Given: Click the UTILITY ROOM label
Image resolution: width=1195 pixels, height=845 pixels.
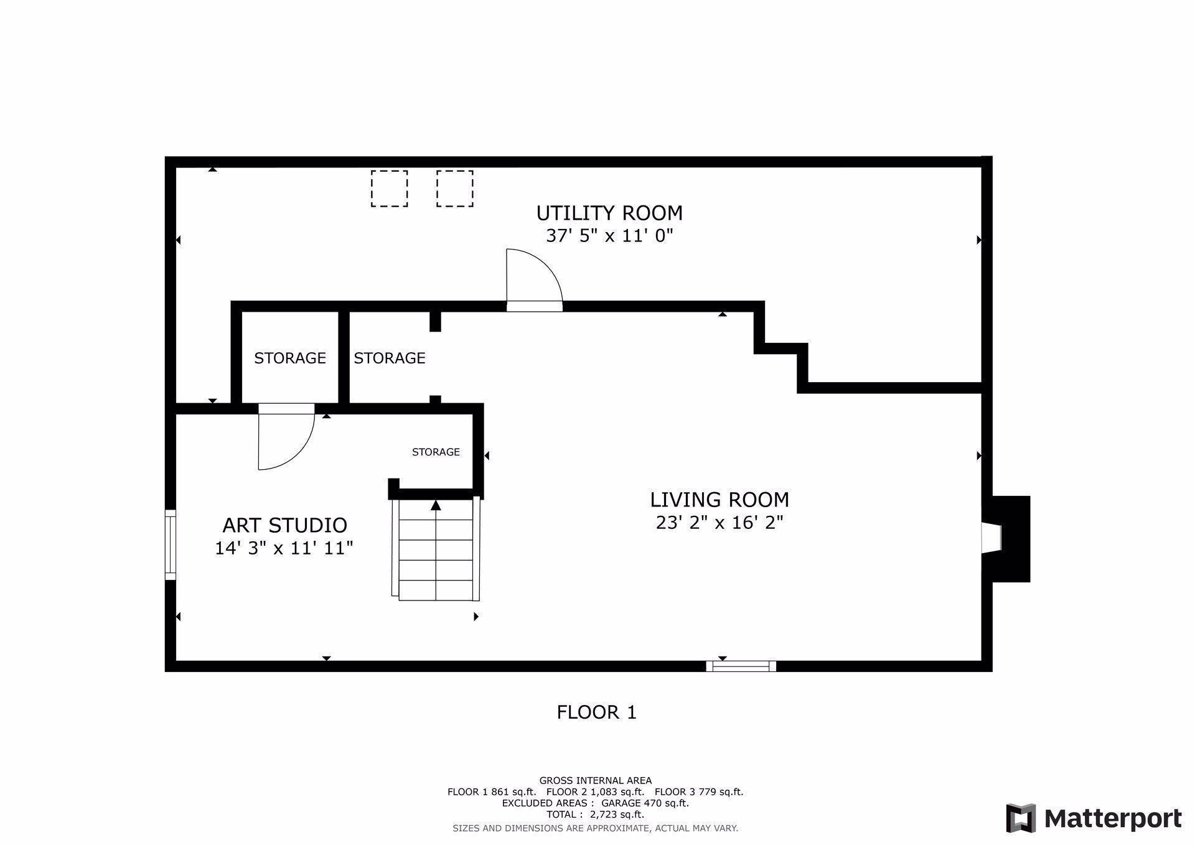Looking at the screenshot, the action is pyautogui.click(x=609, y=213).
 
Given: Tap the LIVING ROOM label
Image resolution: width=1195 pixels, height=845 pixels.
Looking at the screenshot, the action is pyautogui.click(x=719, y=500).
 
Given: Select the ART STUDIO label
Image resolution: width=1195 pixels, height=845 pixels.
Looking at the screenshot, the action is pyautogui.click(x=284, y=525).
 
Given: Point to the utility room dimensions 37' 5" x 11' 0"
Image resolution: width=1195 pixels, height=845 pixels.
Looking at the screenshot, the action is pyautogui.click(x=609, y=236).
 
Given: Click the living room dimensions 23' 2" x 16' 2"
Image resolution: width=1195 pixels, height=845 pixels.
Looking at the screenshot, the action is pyautogui.click(x=719, y=522).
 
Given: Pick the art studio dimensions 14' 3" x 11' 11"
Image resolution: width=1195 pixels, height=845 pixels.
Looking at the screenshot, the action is pyautogui.click(x=284, y=548).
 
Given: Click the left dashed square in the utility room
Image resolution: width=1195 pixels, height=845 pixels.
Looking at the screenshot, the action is pyautogui.click(x=390, y=189).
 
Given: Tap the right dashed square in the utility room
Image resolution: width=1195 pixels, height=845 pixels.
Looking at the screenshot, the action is pyautogui.click(x=454, y=189).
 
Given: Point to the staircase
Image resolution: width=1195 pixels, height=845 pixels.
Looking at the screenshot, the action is pyautogui.click(x=436, y=550).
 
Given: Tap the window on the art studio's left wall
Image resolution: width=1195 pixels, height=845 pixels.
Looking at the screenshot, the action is pyautogui.click(x=170, y=545).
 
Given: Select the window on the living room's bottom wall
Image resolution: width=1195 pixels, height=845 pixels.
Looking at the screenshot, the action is pyautogui.click(x=741, y=666).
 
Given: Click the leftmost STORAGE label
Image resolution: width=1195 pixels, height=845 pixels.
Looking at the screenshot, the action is pyautogui.click(x=290, y=358).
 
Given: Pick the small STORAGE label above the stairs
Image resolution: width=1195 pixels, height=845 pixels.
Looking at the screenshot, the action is pyautogui.click(x=436, y=452).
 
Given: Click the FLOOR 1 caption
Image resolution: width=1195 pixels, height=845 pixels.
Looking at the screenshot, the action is pyautogui.click(x=597, y=712).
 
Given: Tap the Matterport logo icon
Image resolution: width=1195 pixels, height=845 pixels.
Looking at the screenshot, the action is pyautogui.click(x=1021, y=818).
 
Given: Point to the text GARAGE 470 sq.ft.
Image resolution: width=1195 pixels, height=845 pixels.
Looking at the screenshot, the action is pyautogui.click(x=645, y=803).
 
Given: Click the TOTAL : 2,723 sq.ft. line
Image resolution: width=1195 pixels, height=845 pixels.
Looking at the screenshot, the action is pyautogui.click(x=595, y=815).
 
